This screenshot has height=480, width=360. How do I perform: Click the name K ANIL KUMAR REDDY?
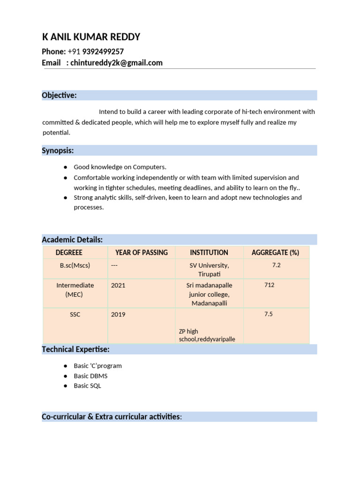(x=91, y=37)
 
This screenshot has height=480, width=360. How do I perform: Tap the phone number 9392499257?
(x=103, y=52)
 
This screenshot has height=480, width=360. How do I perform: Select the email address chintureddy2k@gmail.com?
(x=116, y=63)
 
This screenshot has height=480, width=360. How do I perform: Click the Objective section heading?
(x=59, y=95)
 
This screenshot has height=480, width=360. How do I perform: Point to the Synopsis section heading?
(x=58, y=150)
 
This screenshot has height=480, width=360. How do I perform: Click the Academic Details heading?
(x=72, y=240)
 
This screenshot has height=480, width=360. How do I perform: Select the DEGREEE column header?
(x=69, y=253)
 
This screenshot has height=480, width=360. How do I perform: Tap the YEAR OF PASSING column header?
(x=141, y=253)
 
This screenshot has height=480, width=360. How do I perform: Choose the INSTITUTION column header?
(x=209, y=253)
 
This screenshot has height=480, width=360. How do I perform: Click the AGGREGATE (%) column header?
(x=275, y=253)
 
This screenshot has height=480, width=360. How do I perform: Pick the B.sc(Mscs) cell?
(x=75, y=265)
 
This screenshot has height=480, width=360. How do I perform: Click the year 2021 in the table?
(x=118, y=285)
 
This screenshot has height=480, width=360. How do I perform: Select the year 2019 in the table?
(x=118, y=314)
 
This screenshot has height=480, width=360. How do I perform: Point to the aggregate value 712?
(x=269, y=285)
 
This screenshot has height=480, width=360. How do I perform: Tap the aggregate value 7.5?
(x=268, y=314)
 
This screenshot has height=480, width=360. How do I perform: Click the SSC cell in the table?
(x=75, y=314)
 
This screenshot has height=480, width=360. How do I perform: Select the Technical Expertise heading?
(x=75, y=349)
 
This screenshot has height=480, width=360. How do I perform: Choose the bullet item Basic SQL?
(x=87, y=386)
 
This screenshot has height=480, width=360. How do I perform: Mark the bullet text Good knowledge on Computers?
(x=120, y=167)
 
